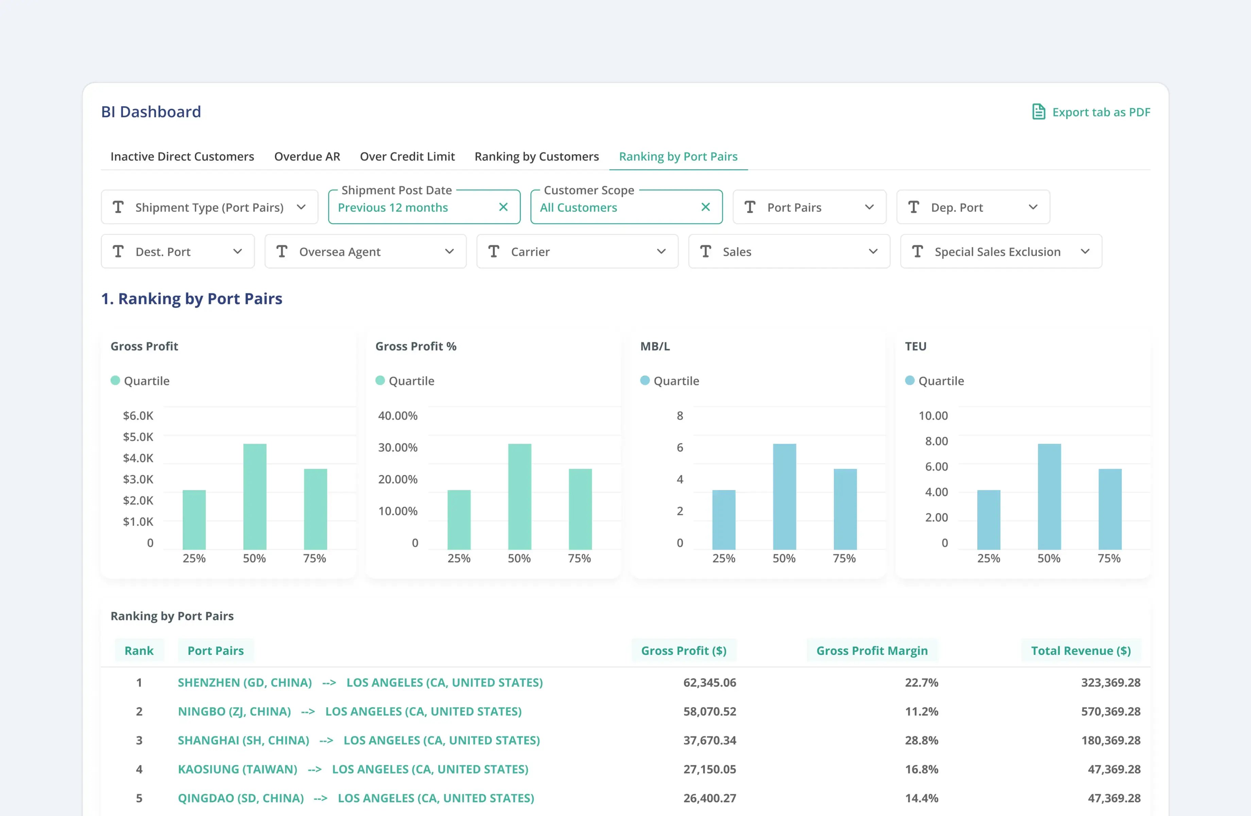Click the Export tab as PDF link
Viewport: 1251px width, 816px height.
[1091, 112]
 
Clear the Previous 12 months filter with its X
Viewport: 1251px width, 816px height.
[503, 207]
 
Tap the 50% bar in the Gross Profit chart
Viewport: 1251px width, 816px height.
[254, 496]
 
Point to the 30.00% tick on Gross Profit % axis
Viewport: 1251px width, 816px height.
[397, 447]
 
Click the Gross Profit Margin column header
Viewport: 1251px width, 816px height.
[872, 650]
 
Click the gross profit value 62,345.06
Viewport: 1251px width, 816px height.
[709, 682]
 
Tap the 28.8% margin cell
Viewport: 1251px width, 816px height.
[921, 740]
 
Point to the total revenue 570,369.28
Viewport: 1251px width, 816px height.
[1110, 711]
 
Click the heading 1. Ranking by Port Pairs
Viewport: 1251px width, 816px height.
[191, 298]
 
